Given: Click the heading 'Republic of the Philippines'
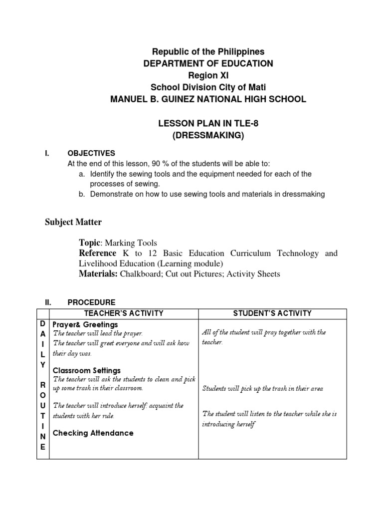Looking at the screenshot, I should (x=208, y=52).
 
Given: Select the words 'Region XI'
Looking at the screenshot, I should (x=208, y=75).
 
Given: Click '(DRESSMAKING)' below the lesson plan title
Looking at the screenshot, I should (x=208, y=135).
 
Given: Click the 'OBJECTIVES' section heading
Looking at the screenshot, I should (x=91, y=153).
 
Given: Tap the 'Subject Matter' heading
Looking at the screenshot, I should (x=73, y=222).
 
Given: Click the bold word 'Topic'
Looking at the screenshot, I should (x=90, y=243).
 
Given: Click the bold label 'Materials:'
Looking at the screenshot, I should (x=98, y=273).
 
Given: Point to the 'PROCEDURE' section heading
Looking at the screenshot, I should (x=91, y=302).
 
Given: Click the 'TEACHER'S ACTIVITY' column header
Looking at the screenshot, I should (x=124, y=313).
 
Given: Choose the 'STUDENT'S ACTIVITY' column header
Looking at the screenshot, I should (x=272, y=313).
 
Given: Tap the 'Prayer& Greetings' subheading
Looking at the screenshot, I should (x=85, y=325).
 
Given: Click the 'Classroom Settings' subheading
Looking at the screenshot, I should (x=87, y=370).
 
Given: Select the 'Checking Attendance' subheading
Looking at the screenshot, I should (x=93, y=433).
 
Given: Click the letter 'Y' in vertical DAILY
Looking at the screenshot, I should (x=43, y=365).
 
